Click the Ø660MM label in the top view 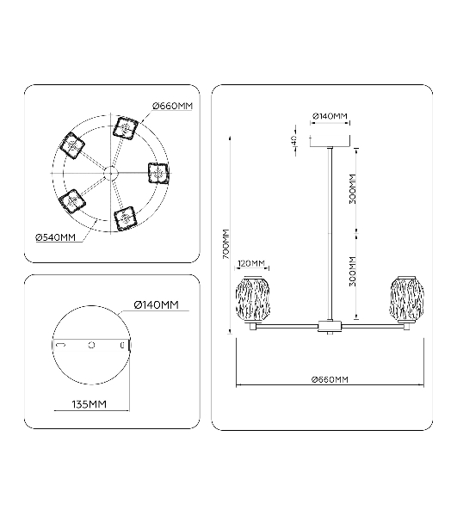coord(172,106)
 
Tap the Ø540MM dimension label coord(56,237)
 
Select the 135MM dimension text coord(90,404)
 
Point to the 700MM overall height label coord(225,244)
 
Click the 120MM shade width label coord(251,263)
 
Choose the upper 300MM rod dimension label coord(353,189)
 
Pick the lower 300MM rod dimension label coord(353,271)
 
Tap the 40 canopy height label coord(294,140)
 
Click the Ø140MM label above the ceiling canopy coord(330,116)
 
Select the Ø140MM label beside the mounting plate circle coord(157,305)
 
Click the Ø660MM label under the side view coord(330,380)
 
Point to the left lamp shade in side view coord(253,298)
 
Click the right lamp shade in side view coord(407,298)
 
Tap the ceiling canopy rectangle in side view coord(330,141)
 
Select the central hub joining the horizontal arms coord(330,326)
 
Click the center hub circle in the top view coord(110,173)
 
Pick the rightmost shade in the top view coord(158,174)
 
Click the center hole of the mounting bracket coord(91,345)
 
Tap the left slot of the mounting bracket coord(61,345)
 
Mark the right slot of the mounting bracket coord(122,345)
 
